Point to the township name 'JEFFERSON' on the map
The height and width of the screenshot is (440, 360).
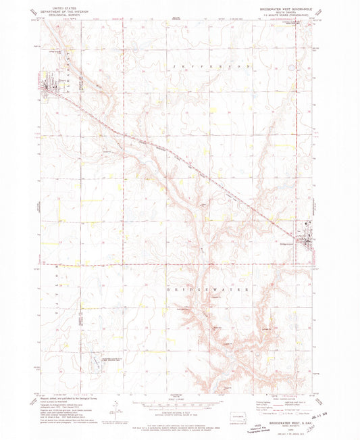click(220, 67)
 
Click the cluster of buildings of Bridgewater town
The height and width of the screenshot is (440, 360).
click(310, 238)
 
